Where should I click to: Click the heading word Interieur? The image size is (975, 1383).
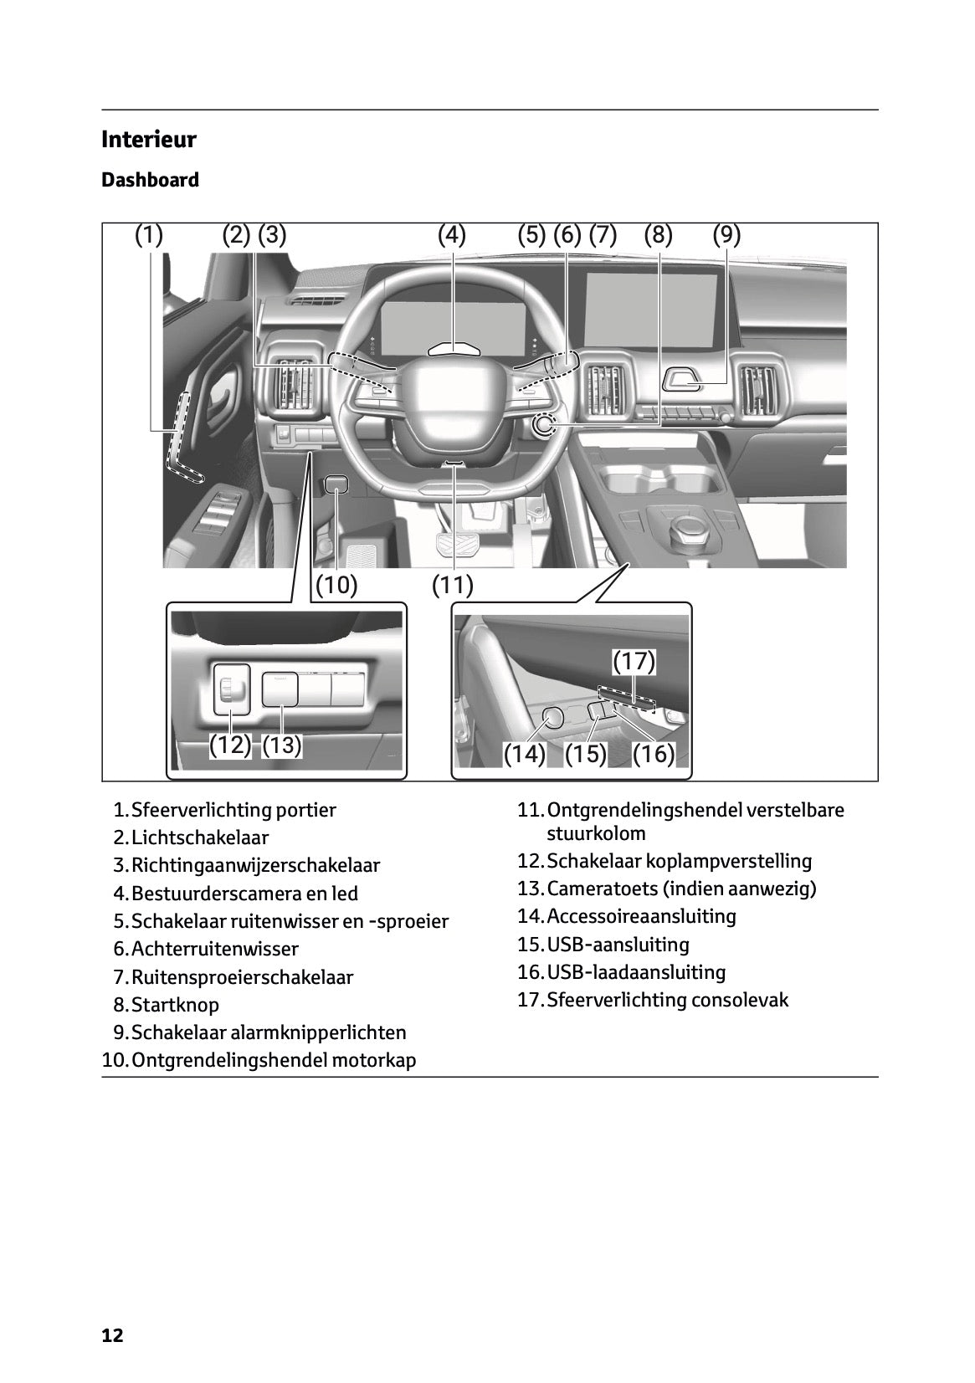[x=148, y=139]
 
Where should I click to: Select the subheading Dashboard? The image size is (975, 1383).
[x=150, y=180]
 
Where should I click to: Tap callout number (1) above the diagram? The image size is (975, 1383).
[x=149, y=235]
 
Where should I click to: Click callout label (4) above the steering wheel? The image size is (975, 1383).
[x=451, y=235]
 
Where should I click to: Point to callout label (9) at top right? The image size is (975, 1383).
[x=726, y=235]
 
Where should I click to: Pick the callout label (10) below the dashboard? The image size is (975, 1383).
[x=336, y=585]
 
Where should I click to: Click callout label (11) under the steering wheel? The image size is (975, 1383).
[x=453, y=585]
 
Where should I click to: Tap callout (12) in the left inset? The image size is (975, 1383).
[x=229, y=745]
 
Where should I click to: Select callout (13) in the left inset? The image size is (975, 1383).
[x=282, y=745]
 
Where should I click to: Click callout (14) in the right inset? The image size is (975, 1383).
[x=524, y=754]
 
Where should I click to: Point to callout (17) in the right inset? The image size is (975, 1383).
[x=634, y=662]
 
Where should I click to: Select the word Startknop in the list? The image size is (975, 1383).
[x=175, y=1005]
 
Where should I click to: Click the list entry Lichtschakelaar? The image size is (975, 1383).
[x=200, y=837]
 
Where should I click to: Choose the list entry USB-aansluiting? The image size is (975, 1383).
[x=618, y=945]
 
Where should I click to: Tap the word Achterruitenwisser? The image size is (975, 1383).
[x=214, y=949]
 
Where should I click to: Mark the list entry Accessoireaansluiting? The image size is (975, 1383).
[x=641, y=916]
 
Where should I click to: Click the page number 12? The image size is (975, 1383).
[x=112, y=1335]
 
